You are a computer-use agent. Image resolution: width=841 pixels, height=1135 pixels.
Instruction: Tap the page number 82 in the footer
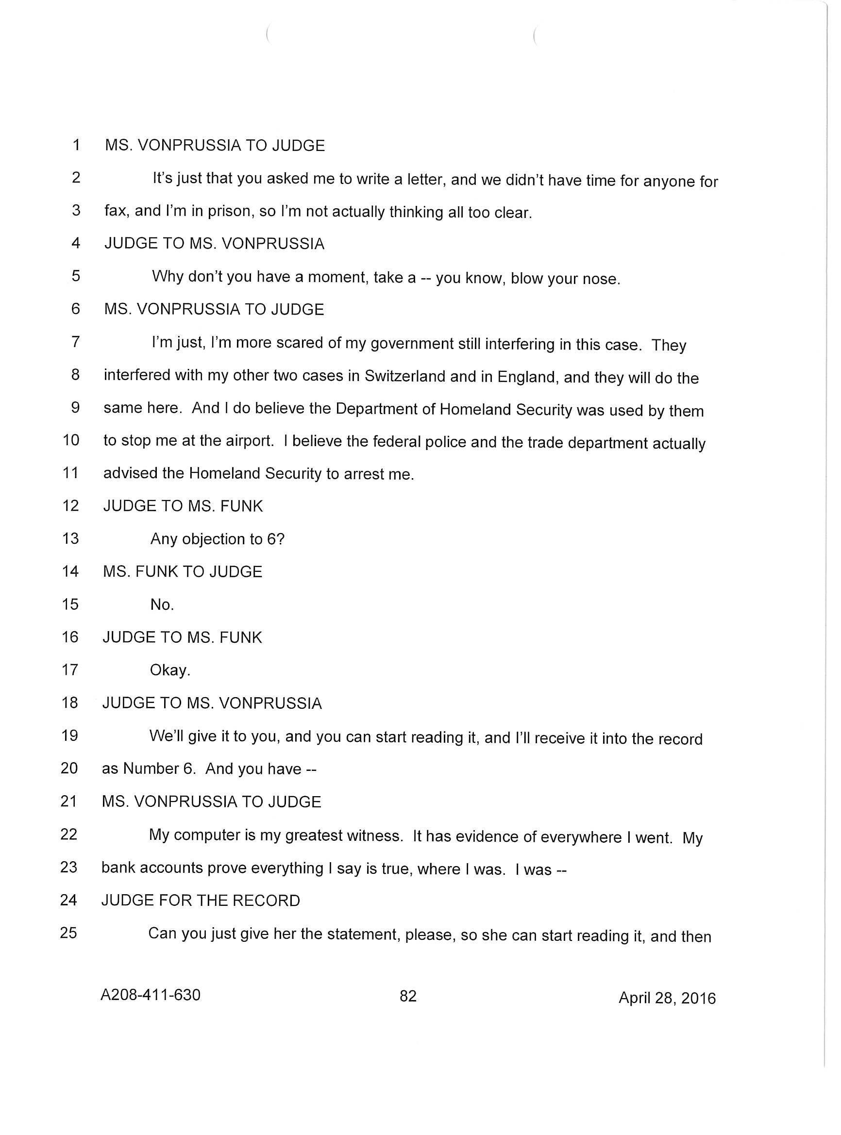(x=408, y=996)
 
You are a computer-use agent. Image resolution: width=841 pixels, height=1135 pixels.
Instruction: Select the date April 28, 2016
(x=666, y=998)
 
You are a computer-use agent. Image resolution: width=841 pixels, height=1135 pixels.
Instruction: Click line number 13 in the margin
(x=70, y=538)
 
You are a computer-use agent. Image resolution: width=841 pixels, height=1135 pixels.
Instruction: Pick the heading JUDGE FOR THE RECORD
(x=201, y=901)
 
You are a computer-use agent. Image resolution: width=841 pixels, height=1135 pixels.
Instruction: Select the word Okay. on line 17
(x=170, y=670)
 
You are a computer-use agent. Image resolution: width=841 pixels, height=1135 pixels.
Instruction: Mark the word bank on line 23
(x=118, y=868)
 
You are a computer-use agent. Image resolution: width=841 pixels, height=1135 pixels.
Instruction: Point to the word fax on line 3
(x=116, y=211)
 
